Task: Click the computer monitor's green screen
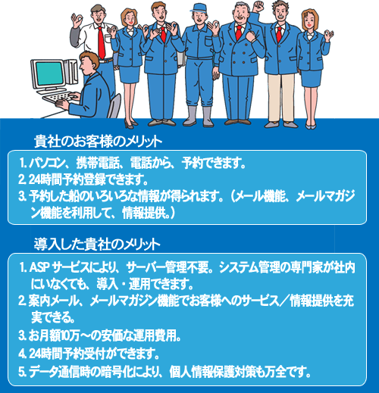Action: point(49,73)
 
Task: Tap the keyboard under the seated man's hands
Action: point(58,98)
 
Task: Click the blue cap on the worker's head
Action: point(199,8)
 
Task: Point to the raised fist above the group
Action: point(258,6)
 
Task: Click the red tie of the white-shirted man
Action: point(102,42)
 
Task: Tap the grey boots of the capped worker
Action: point(199,116)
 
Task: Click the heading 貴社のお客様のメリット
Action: point(98,142)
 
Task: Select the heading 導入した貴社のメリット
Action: point(97,244)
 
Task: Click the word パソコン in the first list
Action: point(47,163)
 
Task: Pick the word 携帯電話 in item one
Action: point(98,163)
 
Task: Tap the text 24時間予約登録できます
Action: point(88,179)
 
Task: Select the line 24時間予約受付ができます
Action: point(94,354)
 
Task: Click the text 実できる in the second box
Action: point(53,317)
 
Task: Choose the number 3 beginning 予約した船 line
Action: point(22,196)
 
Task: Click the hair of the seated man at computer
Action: point(89,58)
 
